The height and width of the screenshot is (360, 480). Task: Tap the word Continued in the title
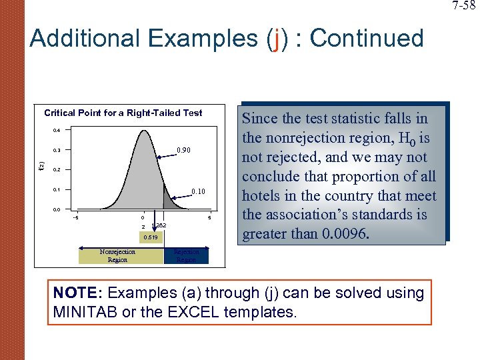(367, 39)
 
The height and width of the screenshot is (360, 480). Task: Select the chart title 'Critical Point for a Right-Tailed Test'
(123, 113)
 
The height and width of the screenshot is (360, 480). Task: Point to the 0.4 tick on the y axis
(57, 131)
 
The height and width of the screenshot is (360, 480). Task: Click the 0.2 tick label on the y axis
(57, 170)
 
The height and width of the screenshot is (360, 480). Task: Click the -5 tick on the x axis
(77, 217)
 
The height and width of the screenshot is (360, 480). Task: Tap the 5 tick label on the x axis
(209, 217)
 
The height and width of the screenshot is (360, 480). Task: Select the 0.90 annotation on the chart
(183, 151)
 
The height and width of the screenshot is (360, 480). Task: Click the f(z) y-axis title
(41, 165)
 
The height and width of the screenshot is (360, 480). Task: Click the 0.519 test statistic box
(150, 237)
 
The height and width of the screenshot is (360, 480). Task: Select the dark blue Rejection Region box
(186, 256)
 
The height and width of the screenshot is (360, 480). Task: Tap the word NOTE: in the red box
(77, 293)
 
